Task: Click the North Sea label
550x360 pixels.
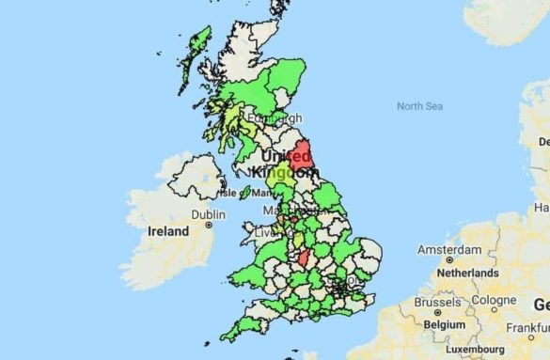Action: [x=419, y=106]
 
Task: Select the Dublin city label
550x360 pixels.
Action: [x=208, y=214]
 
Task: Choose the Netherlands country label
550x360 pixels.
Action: [x=466, y=273]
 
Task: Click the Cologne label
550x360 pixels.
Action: [x=494, y=301]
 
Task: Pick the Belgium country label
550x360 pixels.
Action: [x=444, y=323]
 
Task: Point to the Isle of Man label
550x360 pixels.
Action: [x=243, y=193]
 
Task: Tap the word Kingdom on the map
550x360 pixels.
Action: [x=288, y=173]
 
